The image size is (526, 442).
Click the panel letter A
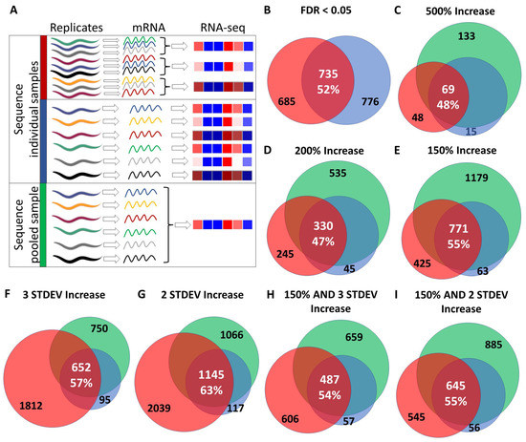(9, 11)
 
